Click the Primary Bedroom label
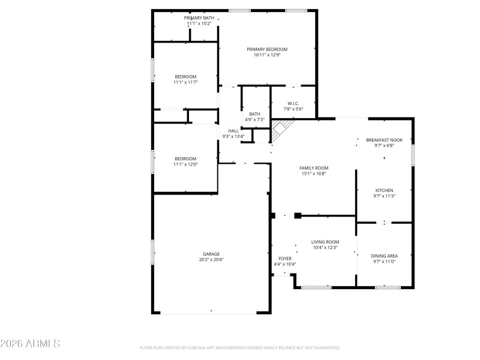tap(267, 49)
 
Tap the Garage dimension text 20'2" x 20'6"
tap(211, 260)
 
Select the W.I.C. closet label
tap(293, 103)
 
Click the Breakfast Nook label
tap(384, 140)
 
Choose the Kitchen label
tap(384, 190)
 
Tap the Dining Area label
tap(384, 256)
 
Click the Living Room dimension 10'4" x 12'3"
tap(325, 248)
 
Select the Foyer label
tap(284, 259)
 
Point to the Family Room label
tap(314, 168)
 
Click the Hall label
tap(233, 131)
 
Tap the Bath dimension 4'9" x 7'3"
tap(254, 119)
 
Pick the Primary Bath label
tap(199, 18)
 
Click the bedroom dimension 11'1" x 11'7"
tap(185, 82)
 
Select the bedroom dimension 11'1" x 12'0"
tap(185, 164)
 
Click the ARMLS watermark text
tap(30, 343)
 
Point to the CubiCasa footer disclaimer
tap(239, 348)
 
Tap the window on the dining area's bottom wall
tap(388, 287)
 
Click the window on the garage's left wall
tap(152, 253)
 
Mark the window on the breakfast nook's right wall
tap(413, 155)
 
